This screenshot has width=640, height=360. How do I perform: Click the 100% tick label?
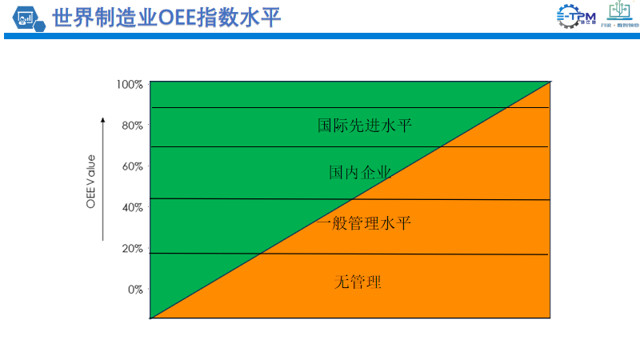coord(130,85)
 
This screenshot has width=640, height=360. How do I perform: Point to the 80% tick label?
coord(131,126)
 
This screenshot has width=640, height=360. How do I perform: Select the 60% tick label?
coord(131,166)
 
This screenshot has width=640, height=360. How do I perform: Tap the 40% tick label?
coord(131,207)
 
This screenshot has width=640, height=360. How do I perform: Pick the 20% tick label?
coord(131,248)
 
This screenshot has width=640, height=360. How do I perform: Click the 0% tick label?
coord(134,290)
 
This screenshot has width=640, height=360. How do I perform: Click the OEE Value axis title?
coord(91,182)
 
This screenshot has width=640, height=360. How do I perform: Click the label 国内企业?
coord(360,172)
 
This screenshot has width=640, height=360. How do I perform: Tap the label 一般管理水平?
coord(363,223)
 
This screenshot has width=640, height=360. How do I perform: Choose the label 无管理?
coord(358,282)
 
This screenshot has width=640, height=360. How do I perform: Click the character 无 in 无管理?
coord(342,282)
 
